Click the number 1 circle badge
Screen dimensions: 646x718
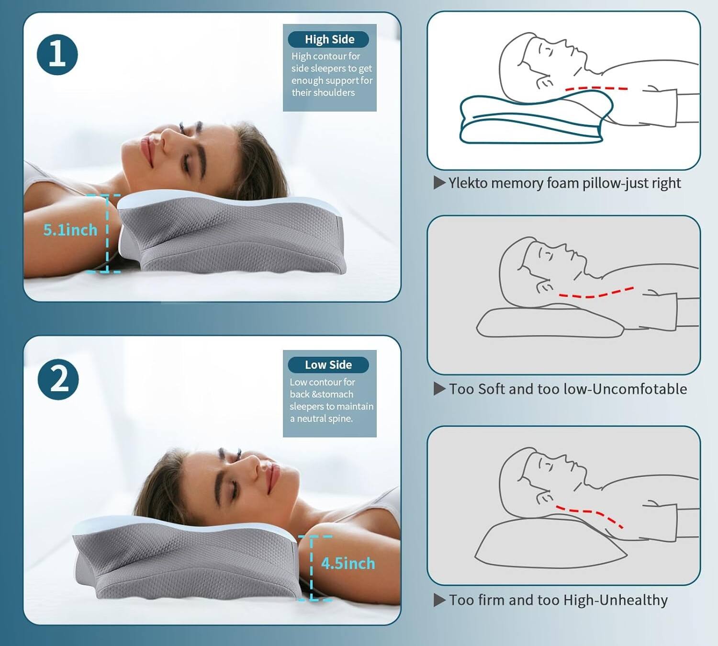tap(57, 55)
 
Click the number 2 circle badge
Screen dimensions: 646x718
tap(58, 379)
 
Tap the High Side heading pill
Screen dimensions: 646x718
tap(329, 39)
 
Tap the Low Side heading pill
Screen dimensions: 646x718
tap(328, 365)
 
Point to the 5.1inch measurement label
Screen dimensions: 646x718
tap(70, 230)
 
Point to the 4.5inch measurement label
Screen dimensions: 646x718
tap(348, 564)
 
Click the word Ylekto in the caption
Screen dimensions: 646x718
tap(468, 183)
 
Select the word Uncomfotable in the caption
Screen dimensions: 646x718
tap(639, 389)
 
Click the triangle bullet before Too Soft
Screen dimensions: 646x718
tap(439, 389)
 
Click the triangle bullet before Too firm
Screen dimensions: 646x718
tap(439, 600)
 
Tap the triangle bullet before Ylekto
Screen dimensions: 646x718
tap(439, 183)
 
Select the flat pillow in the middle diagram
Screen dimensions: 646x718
tap(546, 324)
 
